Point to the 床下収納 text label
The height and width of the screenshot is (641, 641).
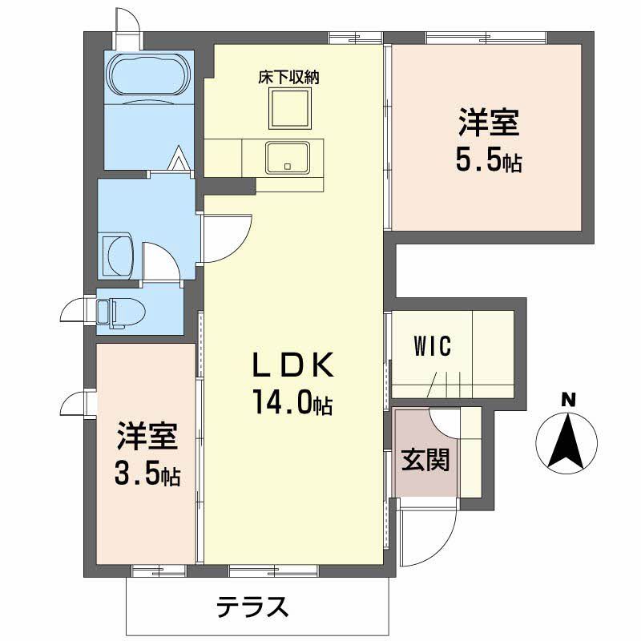[288, 79]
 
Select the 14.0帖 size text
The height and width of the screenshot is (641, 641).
[292, 401]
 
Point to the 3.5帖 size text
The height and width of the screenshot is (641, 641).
[146, 476]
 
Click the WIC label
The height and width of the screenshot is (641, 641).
[433, 347]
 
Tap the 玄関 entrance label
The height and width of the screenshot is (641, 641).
[425, 460]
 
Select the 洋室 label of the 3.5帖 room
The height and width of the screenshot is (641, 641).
[146, 438]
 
